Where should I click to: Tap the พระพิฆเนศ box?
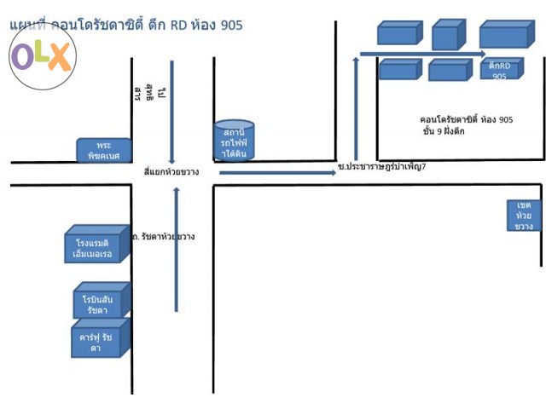click(104, 151)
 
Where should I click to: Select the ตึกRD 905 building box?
click(499, 71)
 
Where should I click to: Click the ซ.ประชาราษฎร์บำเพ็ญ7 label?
click(381, 167)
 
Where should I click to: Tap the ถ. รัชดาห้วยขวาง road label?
click(164, 236)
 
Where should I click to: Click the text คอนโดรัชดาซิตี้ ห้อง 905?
click(467, 120)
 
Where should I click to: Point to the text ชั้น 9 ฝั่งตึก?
click(444, 133)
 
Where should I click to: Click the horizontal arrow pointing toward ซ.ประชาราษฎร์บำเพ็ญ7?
click(277, 173)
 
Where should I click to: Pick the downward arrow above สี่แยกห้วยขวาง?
click(172, 111)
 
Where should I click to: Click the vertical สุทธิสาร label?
click(137, 91)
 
